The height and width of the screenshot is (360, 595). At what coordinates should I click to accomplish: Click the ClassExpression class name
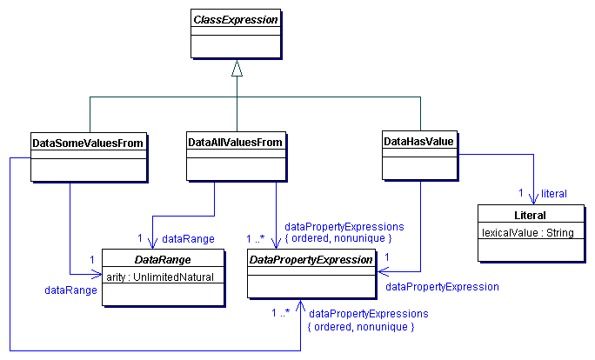coord(237,17)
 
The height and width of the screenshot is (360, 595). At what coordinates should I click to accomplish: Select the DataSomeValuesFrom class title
coord(87,141)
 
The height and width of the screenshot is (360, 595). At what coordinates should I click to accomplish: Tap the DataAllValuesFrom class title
coord(237,141)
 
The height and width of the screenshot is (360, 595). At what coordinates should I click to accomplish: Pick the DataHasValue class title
coord(419,141)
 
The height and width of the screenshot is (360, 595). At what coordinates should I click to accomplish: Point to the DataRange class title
coord(163,259)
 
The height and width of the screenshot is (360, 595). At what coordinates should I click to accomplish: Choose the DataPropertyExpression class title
coord(311,259)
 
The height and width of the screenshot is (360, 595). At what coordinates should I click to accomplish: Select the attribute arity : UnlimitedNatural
coord(163,277)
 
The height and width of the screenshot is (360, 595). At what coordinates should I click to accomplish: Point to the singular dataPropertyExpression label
coord(442,286)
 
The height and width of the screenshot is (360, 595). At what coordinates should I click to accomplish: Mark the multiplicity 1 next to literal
coord(520,192)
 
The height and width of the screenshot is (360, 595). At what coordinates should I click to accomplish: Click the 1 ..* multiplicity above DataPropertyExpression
coord(256,237)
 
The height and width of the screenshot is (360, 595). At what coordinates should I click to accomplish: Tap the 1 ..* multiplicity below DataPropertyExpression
coord(280,313)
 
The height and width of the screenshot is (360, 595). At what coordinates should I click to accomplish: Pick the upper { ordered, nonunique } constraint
coord(338,237)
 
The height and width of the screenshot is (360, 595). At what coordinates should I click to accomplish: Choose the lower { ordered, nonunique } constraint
coord(362,326)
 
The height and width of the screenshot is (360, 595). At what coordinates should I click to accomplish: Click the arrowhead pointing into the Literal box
coord(532,200)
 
